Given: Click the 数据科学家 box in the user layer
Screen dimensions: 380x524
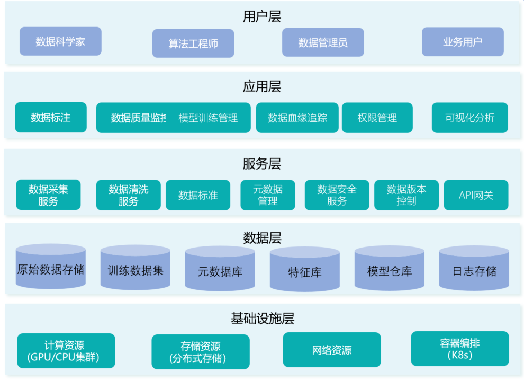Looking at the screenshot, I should (60, 41).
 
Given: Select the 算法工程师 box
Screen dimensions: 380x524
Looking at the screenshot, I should (193, 43).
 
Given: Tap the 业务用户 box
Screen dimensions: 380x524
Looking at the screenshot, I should (463, 42).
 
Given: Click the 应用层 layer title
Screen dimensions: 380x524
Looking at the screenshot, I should (262, 86).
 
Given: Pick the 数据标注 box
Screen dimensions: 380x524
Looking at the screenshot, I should (51, 118).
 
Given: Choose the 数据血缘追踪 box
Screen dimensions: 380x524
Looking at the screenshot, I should (297, 118).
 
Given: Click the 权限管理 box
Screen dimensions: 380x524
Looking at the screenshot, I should (377, 118).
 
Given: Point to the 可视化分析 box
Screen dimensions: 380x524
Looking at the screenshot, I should (470, 118).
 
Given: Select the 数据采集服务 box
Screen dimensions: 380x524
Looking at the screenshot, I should (48, 195).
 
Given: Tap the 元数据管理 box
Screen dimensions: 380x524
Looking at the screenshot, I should (268, 195).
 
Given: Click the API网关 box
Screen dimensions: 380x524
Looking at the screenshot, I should (476, 195).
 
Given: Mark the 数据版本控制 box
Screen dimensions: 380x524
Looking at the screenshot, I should (406, 195).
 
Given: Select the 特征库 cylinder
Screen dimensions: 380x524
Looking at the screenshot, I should (305, 271).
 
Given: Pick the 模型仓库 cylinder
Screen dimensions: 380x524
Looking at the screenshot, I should (390, 270).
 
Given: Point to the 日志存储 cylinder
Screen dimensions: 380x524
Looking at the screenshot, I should (474, 270).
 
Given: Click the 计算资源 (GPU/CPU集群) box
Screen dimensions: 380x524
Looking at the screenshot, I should (66, 351).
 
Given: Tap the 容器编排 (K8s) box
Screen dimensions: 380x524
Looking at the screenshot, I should (460, 349).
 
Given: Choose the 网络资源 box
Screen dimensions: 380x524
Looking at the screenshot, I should (332, 350).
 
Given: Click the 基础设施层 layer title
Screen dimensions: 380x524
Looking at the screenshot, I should (262, 319).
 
